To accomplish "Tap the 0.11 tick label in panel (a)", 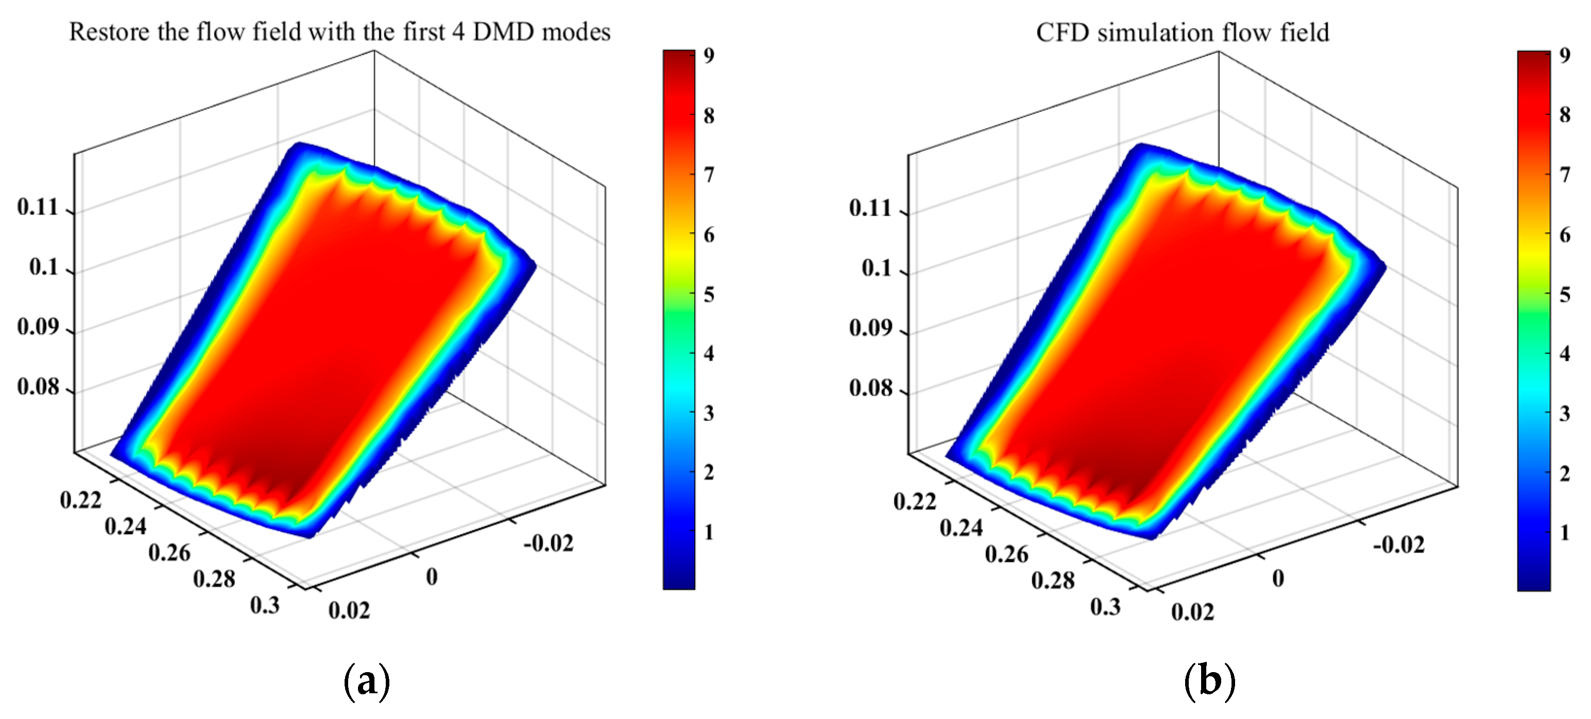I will click(38, 208).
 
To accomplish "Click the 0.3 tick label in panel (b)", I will click(1105, 607).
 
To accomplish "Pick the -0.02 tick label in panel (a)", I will click(549, 543).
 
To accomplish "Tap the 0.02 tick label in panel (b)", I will click(1192, 612).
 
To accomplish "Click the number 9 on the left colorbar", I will click(709, 56).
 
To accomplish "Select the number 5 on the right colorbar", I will click(1564, 295).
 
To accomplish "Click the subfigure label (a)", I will click(366, 681).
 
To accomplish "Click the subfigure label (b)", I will click(1209, 681).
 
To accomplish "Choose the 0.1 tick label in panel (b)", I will click(877, 269).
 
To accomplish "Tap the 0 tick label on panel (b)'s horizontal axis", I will click(1278, 579).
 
